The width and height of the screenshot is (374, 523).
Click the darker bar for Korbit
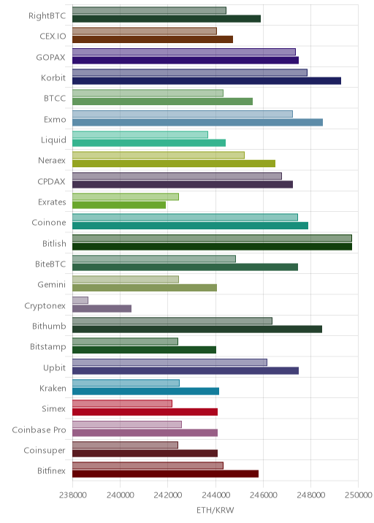click(207, 81)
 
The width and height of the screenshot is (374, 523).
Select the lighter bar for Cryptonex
click(80, 300)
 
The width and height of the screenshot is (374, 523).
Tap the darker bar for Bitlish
click(212, 246)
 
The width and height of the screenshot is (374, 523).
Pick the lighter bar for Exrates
click(126, 196)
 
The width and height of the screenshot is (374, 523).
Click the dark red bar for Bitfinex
click(166, 474)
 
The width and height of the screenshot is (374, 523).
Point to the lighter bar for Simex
click(122, 404)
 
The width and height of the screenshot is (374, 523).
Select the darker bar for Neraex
click(174, 164)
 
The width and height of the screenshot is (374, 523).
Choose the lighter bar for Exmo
click(183, 114)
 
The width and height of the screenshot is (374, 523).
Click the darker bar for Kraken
click(146, 392)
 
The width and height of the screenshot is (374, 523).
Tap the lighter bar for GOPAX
click(184, 52)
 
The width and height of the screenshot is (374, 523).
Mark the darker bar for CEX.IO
click(153, 39)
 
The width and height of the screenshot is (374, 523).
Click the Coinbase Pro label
click(39, 430)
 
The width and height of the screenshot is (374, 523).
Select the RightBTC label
click(47, 16)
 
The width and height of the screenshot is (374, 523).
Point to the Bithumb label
click(49, 327)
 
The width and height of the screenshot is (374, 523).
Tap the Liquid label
click(53, 140)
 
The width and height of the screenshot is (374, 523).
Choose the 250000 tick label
click(359, 495)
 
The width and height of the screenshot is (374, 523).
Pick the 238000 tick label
click(73, 495)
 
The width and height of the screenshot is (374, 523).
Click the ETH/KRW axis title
click(215, 511)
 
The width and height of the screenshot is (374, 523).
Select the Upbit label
click(54, 368)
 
